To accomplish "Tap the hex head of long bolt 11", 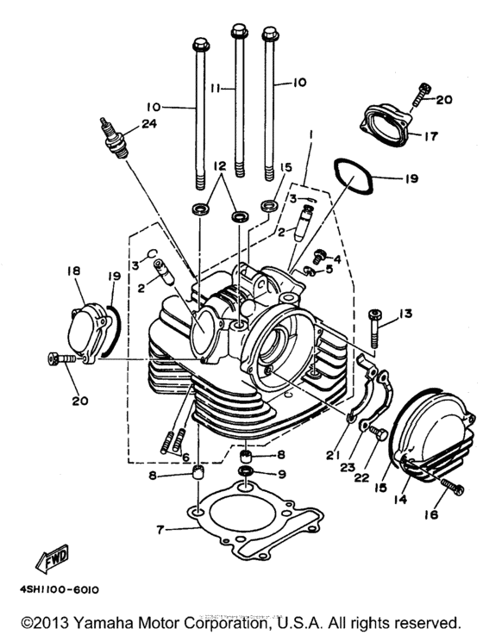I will (x=238, y=32).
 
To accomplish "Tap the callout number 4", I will (x=337, y=258).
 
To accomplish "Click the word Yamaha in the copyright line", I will (x=105, y=621).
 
